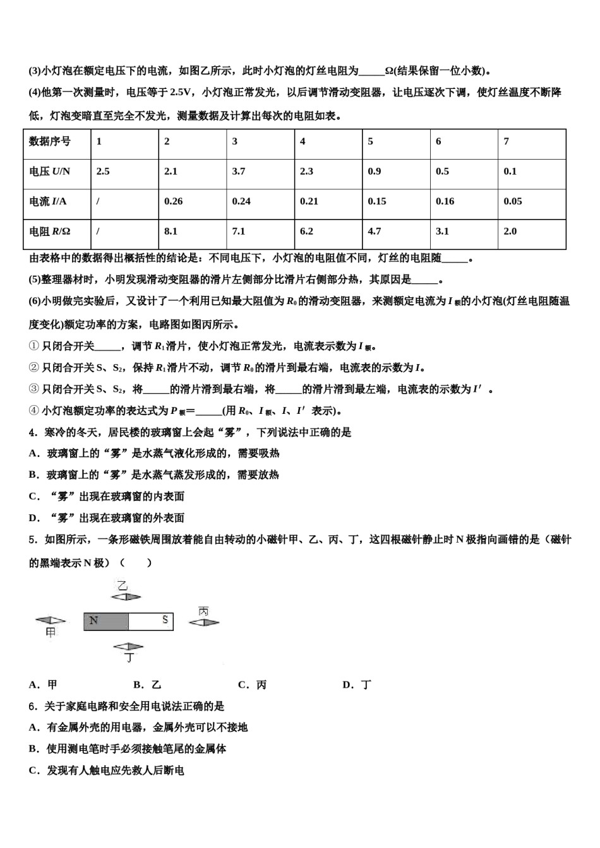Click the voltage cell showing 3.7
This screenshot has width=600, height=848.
click(x=239, y=172)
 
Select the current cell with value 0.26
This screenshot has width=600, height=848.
click(x=173, y=201)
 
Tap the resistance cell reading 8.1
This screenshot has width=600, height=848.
click(x=171, y=232)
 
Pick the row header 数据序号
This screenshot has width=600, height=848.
click(x=50, y=141)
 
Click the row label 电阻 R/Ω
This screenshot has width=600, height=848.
click(x=50, y=232)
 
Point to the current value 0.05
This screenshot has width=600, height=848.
click(x=513, y=201)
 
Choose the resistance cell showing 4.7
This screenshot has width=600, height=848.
click(x=375, y=232)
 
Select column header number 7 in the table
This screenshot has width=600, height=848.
click(x=507, y=141)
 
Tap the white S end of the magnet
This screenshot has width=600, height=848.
click(x=151, y=621)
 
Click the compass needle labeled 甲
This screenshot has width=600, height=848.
click(x=51, y=621)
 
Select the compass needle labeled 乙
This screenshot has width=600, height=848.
click(x=127, y=596)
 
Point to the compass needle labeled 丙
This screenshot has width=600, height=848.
click(x=204, y=622)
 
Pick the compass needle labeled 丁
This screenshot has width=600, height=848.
click(x=128, y=646)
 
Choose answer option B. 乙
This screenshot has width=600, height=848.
click(x=147, y=685)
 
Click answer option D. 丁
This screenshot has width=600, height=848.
click(x=357, y=685)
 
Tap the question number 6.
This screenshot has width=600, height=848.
click(x=32, y=706)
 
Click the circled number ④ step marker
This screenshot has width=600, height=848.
click(x=34, y=411)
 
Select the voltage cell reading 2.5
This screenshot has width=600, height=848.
click(x=103, y=172)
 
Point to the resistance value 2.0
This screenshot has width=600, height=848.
click(x=510, y=232)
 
